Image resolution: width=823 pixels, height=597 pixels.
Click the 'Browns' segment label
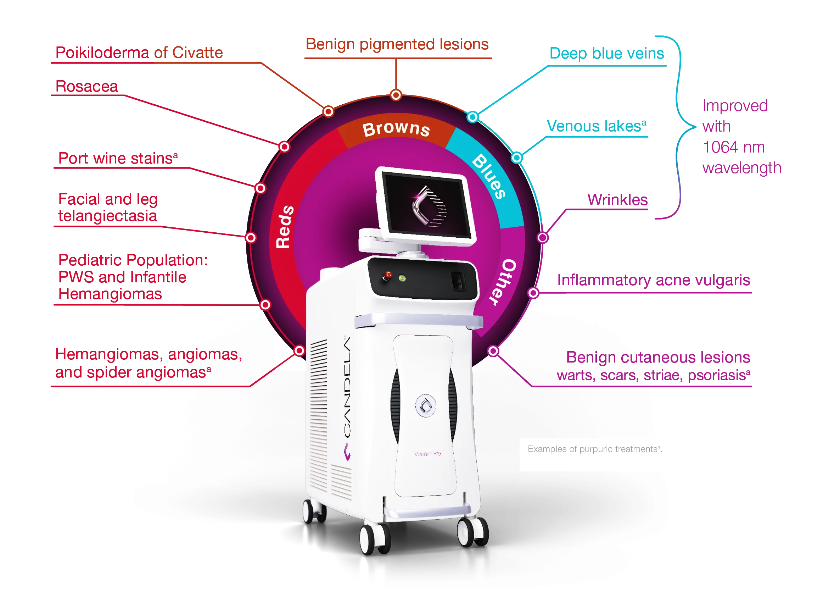(396, 129)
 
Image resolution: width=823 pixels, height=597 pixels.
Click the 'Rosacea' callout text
(86, 87)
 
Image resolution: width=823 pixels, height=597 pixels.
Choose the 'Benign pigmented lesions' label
(398, 44)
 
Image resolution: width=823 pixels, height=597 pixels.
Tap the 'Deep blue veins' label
(607, 53)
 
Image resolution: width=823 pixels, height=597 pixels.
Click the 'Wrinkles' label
(617, 200)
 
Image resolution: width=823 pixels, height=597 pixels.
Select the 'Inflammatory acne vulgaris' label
(653, 280)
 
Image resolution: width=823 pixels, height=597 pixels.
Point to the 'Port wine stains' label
(117, 158)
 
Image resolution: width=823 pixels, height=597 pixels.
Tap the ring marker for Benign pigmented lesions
(396, 95)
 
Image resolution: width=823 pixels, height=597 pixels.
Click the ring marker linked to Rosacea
(285, 147)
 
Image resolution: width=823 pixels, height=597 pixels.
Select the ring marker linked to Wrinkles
(542, 238)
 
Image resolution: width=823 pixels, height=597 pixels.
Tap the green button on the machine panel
(402, 278)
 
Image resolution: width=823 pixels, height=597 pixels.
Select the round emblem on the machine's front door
(425, 405)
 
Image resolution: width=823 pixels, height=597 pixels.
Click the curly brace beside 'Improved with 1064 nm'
(677, 127)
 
